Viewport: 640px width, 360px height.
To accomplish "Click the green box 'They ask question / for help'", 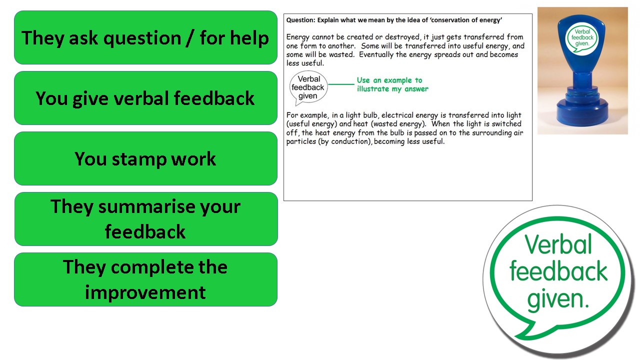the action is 145,37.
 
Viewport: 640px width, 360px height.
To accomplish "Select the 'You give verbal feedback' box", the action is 145,98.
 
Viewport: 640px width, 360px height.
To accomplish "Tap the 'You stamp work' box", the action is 145,158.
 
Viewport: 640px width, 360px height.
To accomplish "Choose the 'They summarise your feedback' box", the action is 146,219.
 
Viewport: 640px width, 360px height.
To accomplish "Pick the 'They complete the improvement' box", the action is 145,279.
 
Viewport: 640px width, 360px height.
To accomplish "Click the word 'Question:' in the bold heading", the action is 301,20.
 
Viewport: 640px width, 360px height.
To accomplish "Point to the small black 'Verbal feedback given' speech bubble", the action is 308,87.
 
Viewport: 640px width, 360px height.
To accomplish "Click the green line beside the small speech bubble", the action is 341,84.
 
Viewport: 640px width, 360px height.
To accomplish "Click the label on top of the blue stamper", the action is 582,37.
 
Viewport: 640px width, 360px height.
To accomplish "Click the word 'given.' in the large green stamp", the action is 558,300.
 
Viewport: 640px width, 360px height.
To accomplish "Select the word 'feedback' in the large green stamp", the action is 558,271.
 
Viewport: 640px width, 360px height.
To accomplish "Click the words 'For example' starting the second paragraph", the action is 307,115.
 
